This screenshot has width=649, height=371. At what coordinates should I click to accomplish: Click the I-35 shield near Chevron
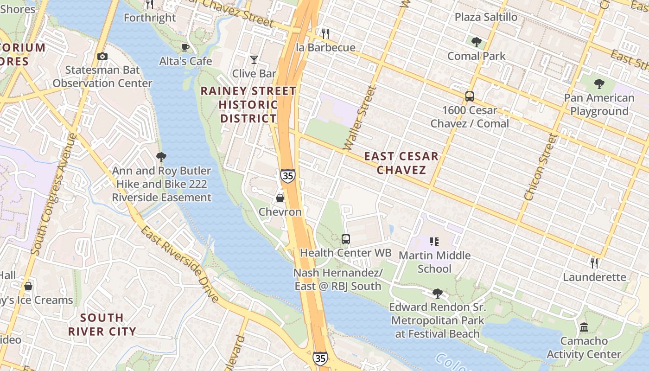coord(287,176)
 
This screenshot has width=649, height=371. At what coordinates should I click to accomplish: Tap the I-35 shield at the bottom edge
coord(319,358)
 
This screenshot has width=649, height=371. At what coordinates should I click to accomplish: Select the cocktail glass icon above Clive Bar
coord(254,59)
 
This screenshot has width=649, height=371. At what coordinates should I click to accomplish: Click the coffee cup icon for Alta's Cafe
coord(185,47)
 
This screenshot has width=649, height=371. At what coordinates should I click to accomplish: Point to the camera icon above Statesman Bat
coord(102,56)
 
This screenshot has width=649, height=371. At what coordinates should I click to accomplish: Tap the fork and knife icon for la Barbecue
coord(325,33)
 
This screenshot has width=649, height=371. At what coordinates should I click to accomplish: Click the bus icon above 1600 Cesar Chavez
coord(470,96)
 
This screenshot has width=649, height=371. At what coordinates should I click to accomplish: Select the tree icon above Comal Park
coord(476,42)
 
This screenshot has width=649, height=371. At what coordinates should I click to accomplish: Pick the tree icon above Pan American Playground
coord(599,84)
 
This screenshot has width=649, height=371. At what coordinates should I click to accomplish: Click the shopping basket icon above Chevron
coord(280,198)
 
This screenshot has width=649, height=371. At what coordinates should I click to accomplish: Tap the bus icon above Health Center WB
coord(346,239)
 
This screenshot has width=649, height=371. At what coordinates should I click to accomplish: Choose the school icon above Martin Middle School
coord(434,241)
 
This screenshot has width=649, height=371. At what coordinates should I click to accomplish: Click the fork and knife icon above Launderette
coord(594,263)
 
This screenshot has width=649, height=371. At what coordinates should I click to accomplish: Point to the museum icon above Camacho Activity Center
coord(584,327)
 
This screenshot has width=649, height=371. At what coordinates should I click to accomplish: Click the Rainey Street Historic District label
coord(248,105)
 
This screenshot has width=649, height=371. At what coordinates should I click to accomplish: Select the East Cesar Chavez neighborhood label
coord(401,163)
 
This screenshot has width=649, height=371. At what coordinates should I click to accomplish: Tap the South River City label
coord(102,325)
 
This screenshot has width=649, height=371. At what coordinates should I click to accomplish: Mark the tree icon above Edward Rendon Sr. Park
coord(437,293)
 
